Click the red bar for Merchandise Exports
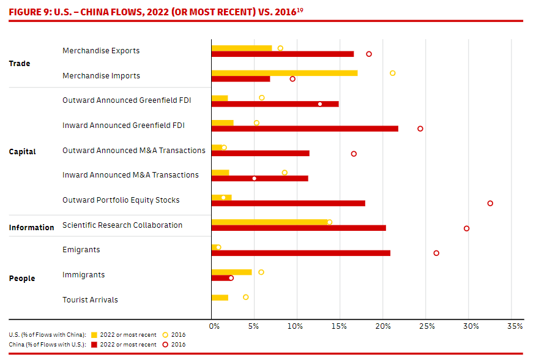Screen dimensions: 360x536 pyautogui.click(x=282, y=54)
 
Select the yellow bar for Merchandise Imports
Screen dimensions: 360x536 pyautogui.click(x=284, y=73)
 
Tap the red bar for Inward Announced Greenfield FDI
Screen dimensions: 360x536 pyautogui.click(x=304, y=129)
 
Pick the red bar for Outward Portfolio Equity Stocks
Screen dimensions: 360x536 pyautogui.click(x=288, y=203)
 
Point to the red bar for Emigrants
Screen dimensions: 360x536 pyautogui.click(x=300, y=253)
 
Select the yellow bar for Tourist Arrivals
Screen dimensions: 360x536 pyautogui.click(x=220, y=298)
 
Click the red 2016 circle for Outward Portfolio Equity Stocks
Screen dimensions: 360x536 pyautogui.click(x=490, y=203)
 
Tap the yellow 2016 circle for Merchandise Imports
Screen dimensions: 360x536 pyautogui.click(x=392, y=73)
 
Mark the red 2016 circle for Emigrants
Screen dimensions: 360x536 pyautogui.click(x=436, y=253)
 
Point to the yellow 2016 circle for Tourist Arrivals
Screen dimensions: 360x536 pyautogui.click(x=246, y=297)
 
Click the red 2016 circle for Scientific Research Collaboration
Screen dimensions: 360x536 pyautogui.click(x=466, y=228)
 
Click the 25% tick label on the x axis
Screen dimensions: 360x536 pyautogui.click(x=426, y=326)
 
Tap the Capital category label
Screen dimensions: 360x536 pyautogui.click(x=23, y=152)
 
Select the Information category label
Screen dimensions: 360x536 pyautogui.click(x=31, y=228)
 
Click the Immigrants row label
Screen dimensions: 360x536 pyautogui.click(x=83, y=275)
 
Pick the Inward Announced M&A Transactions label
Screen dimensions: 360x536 pyautogui.click(x=130, y=175)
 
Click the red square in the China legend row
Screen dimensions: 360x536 pyautogui.click(x=94, y=345)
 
